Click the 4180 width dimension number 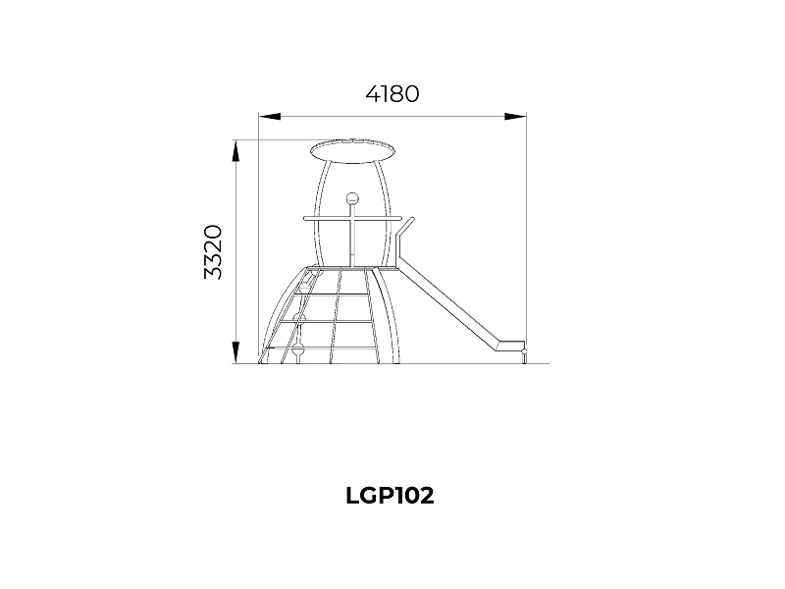(x=392, y=94)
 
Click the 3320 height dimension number (x=213, y=252)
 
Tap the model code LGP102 (x=390, y=496)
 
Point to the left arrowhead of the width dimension (x=269, y=117)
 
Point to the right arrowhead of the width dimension (x=516, y=117)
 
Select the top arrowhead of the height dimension (x=235, y=151)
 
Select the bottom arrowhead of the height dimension (x=235, y=352)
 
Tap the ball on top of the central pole (x=352, y=198)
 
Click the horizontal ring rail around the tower (x=353, y=218)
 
